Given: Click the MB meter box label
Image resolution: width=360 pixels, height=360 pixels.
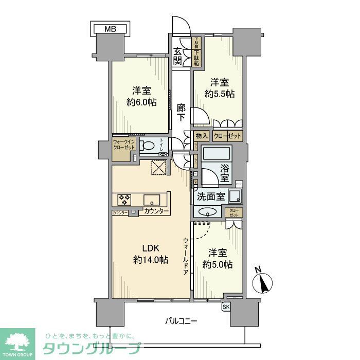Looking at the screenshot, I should click(110, 29).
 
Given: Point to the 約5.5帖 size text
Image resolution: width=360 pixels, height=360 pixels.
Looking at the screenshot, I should click(221, 94).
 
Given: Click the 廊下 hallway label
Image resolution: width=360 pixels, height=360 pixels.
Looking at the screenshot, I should click(181, 113).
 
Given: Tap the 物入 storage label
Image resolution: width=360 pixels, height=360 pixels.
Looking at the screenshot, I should click(202, 136).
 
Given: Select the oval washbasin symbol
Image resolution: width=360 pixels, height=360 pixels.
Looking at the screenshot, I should click(207, 211).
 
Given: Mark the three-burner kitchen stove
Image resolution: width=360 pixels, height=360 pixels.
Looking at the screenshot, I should click(125, 200).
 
